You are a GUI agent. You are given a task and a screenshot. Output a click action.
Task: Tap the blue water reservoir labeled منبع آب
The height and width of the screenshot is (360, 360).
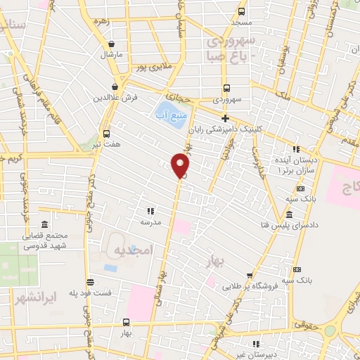pyautogui.click(x=169, y=113)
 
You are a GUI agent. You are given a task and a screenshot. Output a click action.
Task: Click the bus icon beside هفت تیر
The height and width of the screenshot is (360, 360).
pyautogui.click(x=106, y=134)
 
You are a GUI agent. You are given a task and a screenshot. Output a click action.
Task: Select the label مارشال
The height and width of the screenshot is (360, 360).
pyautogui.click(x=111, y=54)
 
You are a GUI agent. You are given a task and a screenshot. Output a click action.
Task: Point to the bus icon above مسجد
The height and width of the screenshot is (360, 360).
pyautogui.click(x=241, y=11)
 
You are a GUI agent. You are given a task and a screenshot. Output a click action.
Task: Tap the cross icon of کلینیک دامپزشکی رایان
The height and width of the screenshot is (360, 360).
pyautogui.click(x=225, y=117)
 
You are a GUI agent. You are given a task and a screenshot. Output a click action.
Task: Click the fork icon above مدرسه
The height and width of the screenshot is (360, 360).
pyautogui.click(x=150, y=210)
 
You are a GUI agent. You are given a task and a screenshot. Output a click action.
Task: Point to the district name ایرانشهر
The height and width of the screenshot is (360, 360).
pyautogui.click(x=42, y=297)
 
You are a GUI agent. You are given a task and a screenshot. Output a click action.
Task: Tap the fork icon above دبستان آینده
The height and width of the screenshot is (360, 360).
pyautogui.click(x=295, y=149)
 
